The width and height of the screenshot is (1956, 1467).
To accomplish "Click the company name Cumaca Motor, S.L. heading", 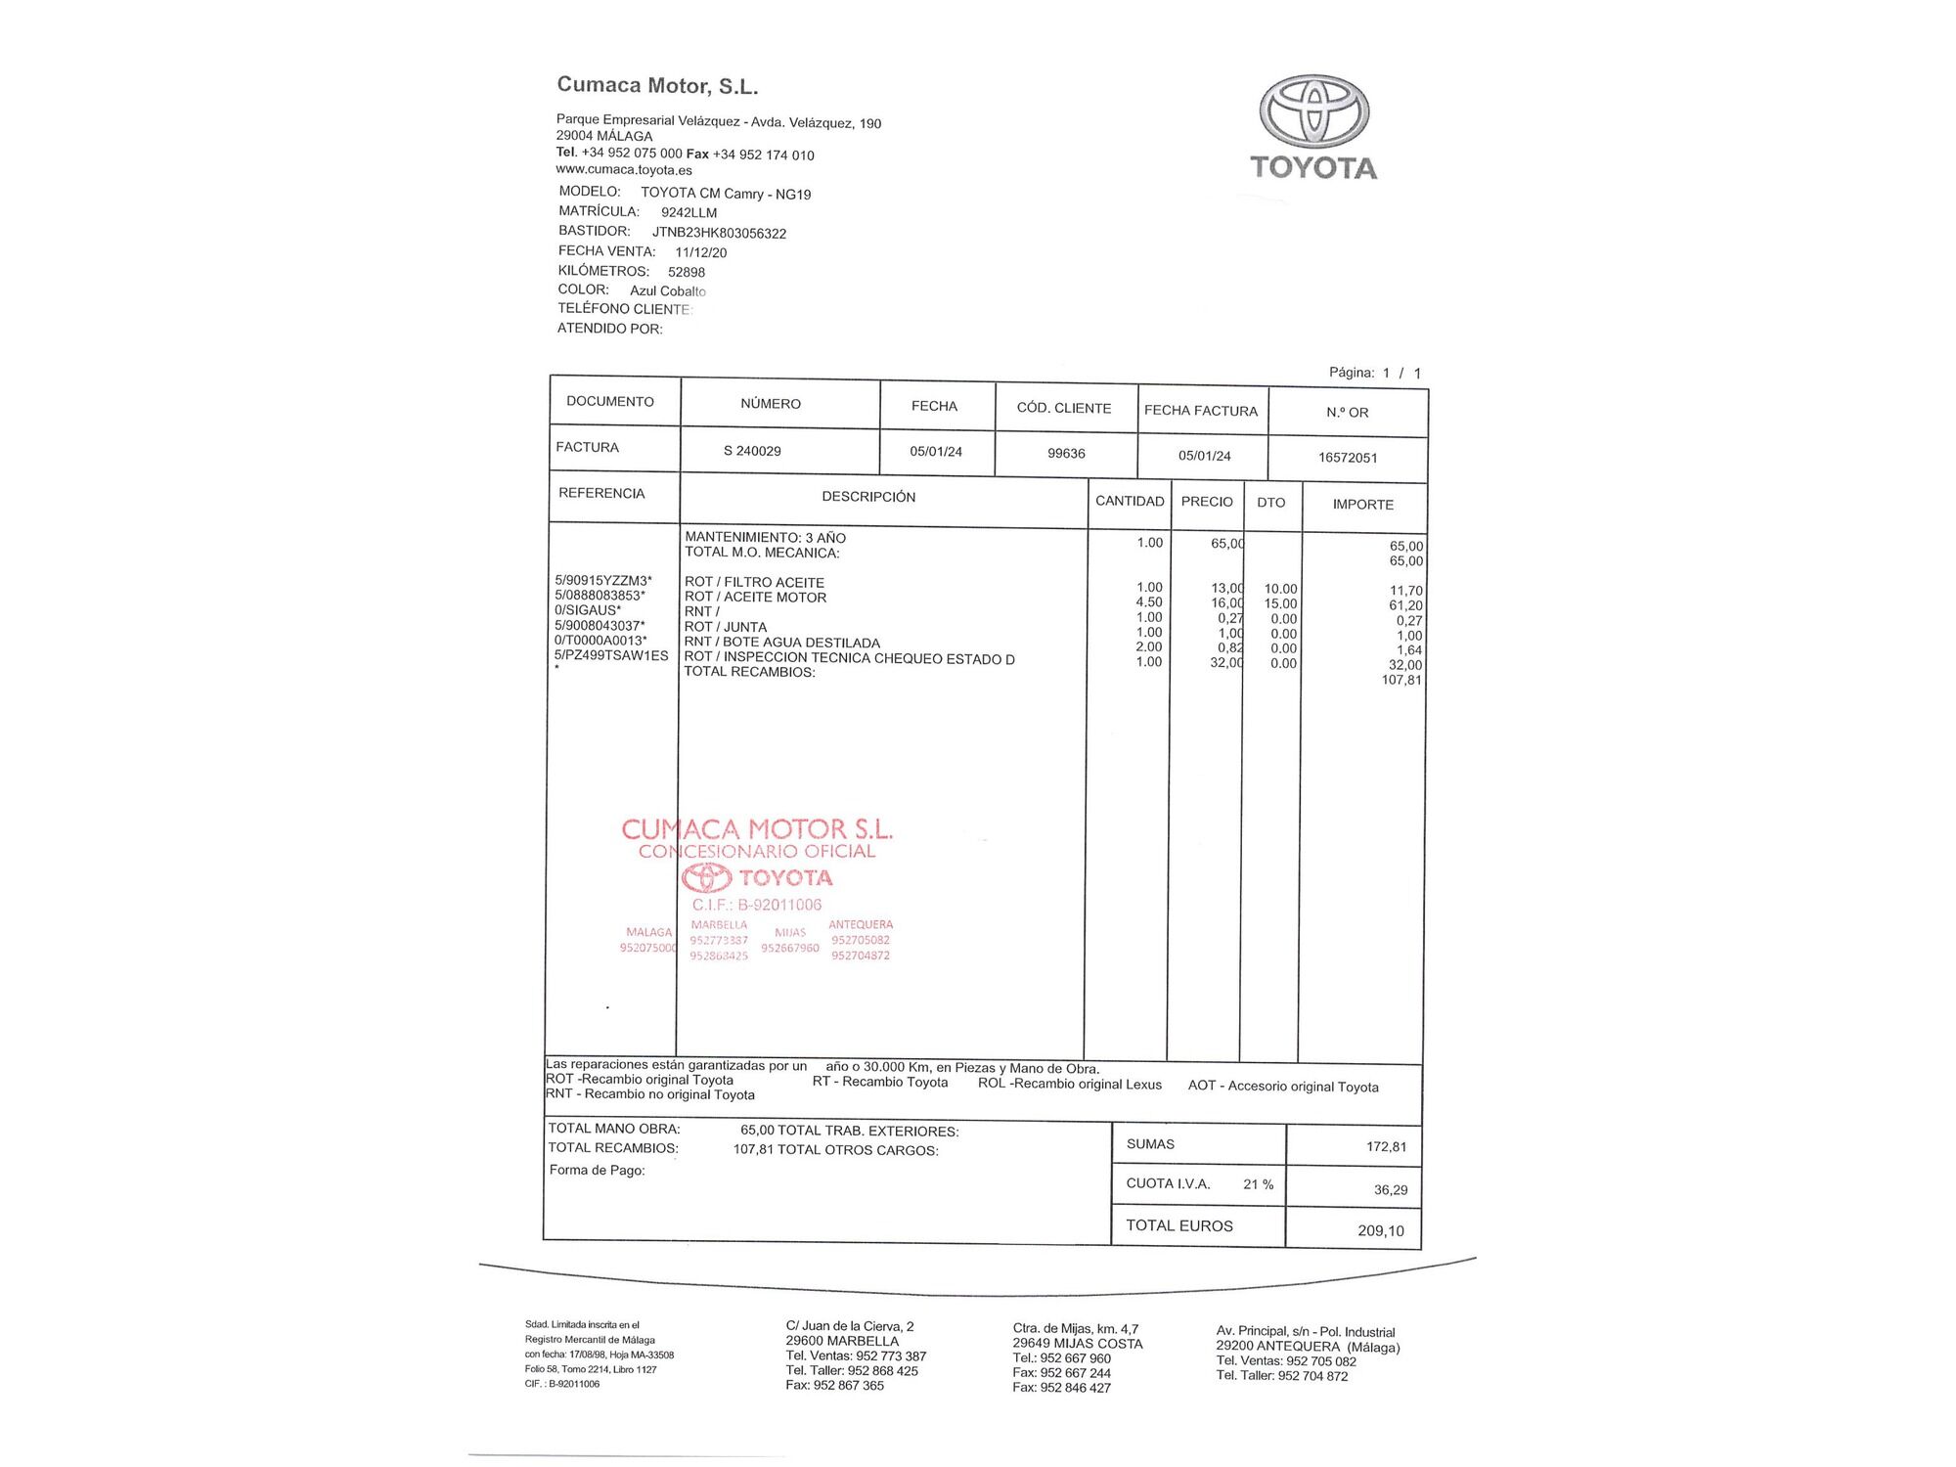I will click(x=657, y=86).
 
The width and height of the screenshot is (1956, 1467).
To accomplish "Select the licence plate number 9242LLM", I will click(x=689, y=212).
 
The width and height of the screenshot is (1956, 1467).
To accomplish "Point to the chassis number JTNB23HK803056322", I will click(x=719, y=233).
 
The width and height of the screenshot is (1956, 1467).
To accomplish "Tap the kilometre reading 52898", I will click(x=687, y=272).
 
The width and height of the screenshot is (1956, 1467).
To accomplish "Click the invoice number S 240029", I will click(x=752, y=451).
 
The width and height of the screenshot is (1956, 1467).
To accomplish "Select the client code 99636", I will click(x=1066, y=454).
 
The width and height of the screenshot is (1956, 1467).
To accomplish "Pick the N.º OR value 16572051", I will click(x=1348, y=458).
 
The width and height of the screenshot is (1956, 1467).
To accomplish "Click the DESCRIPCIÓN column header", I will click(x=868, y=497).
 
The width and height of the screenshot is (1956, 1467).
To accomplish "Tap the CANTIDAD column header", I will click(x=1130, y=501).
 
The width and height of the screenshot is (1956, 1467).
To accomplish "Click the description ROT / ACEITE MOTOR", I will click(x=755, y=598).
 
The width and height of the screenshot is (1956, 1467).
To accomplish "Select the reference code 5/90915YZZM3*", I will click(x=603, y=581).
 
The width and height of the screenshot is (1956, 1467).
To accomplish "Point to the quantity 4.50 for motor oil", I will click(x=1149, y=602).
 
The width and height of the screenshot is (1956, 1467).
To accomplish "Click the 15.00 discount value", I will click(x=1280, y=603).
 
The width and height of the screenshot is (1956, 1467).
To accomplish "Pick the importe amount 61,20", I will click(x=1405, y=605).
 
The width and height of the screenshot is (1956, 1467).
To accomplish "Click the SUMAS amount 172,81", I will click(x=1386, y=1146).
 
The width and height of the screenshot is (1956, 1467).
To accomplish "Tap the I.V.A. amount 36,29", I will click(x=1391, y=1190).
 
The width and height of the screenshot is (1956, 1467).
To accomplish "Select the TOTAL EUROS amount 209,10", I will click(x=1380, y=1230).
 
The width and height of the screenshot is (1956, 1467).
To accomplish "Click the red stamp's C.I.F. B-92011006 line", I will click(x=757, y=905).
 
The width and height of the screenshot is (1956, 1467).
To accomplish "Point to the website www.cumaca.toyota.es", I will click(x=624, y=170).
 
